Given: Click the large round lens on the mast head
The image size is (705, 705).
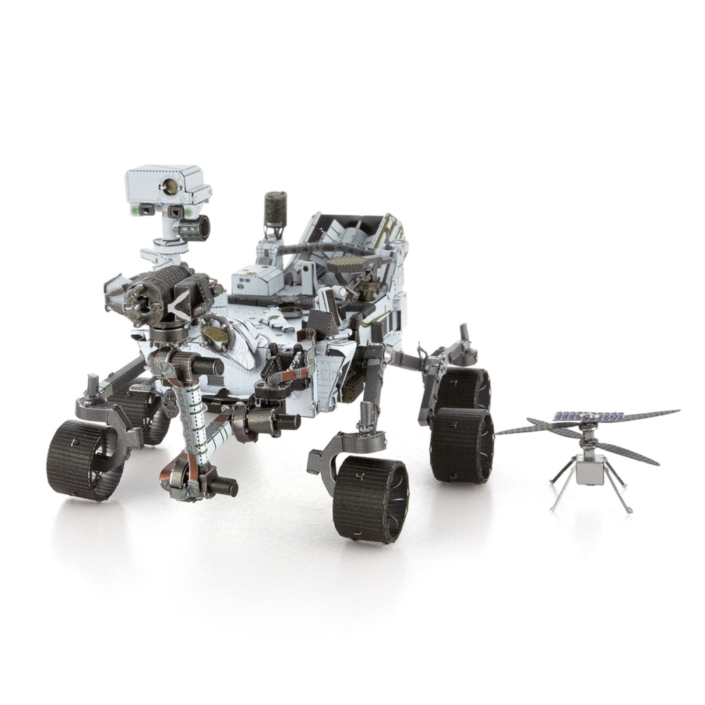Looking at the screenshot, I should click(x=169, y=185).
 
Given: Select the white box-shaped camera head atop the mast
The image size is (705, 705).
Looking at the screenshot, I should click(x=168, y=185).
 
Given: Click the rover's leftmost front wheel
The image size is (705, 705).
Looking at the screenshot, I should click(x=85, y=460).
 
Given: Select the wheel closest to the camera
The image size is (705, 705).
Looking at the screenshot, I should click(x=371, y=498).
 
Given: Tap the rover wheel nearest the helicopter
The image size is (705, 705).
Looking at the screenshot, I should click(x=461, y=444).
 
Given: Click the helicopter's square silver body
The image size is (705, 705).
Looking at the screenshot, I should click(x=590, y=469).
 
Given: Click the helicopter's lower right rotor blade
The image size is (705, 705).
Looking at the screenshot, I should click(x=627, y=454).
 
